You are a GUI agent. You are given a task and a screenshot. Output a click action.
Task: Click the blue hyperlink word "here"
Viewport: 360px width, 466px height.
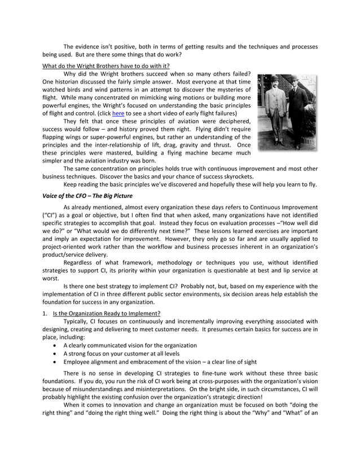click(118, 113)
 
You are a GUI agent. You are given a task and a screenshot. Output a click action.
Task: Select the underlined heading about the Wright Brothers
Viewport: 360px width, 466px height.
click(106, 65)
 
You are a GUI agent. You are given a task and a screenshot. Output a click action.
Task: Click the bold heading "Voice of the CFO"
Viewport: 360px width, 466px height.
click(87, 196)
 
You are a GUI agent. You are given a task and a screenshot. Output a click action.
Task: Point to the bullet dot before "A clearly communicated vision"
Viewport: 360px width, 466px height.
click(54, 345)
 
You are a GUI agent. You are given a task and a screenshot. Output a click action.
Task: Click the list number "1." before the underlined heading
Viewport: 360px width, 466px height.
click(46, 313)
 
